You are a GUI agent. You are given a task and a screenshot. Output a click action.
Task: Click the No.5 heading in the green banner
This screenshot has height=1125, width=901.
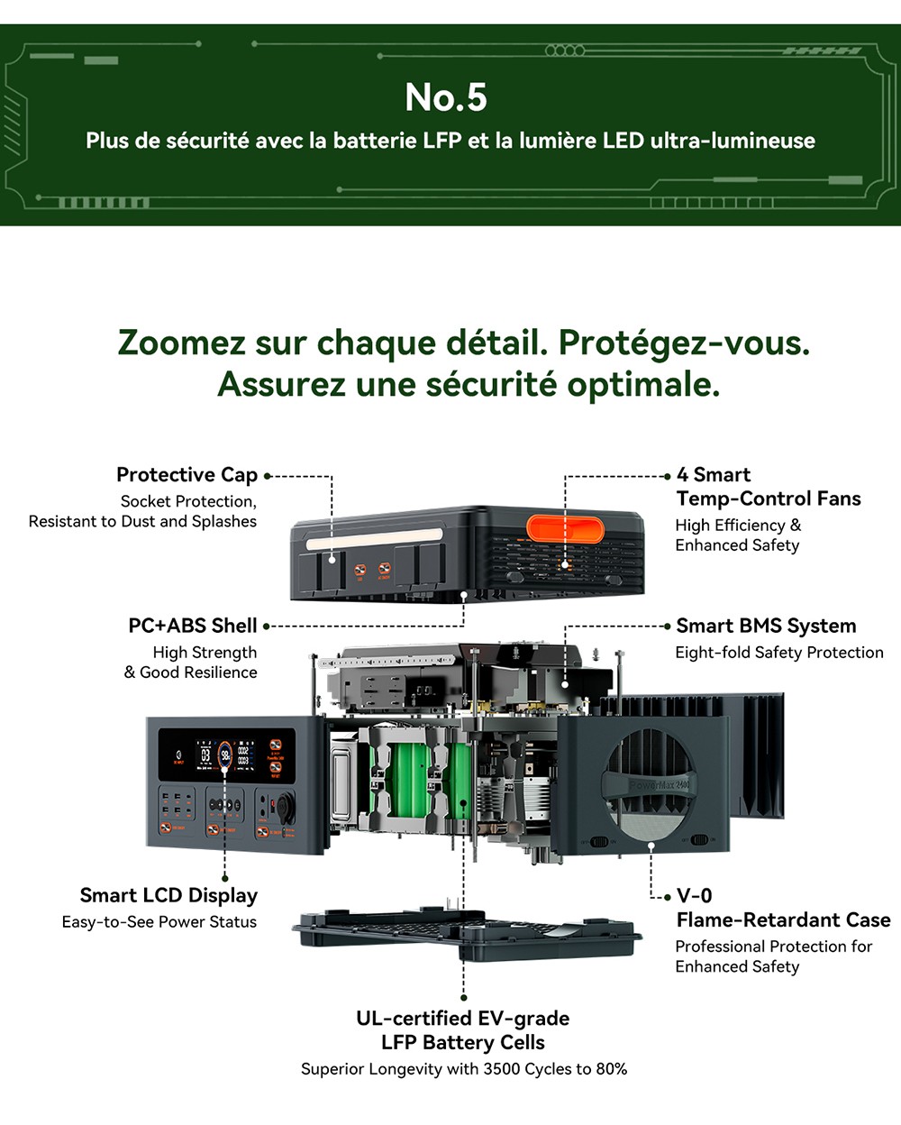446,97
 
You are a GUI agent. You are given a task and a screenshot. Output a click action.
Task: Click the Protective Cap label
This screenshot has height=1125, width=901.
187,475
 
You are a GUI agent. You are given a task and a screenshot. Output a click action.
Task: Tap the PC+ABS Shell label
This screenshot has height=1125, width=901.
193,626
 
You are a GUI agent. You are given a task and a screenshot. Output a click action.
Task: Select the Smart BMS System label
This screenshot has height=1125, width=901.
766,626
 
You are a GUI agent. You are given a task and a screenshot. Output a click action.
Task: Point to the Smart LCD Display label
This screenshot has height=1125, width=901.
168,895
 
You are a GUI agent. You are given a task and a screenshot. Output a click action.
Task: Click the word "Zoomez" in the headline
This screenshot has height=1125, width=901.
181,343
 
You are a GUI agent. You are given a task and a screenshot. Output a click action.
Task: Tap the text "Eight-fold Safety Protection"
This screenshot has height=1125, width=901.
779,653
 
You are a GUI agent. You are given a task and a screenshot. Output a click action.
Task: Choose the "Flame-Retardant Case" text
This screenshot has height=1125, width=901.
783,919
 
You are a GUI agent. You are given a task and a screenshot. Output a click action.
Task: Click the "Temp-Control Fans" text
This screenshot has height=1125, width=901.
769,498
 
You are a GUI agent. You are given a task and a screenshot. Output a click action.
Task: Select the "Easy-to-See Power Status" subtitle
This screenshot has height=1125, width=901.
159,922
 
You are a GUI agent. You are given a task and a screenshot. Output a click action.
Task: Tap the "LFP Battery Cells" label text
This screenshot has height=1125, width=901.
463,1043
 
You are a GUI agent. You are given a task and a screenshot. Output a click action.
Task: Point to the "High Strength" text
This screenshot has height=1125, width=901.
205,653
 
